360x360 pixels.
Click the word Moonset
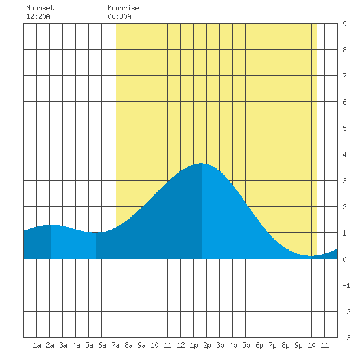pyautogui.click(x=40, y=8)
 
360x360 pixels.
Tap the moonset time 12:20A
pyautogui.click(x=38, y=16)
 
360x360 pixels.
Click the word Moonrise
pyautogui.click(x=123, y=8)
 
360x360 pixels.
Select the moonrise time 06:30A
pyautogui.click(x=119, y=16)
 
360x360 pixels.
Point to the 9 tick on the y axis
pyautogui.click(x=344, y=24)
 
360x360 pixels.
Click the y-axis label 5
pyautogui.click(x=344, y=128)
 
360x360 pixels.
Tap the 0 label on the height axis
pyautogui.click(x=344, y=259)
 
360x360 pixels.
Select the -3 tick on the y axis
pyautogui.click(x=346, y=338)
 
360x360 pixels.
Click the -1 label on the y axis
pyautogui.click(x=346, y=285)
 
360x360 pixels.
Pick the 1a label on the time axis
pyautogui.click(x=37, y=345)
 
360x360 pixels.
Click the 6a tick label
pyautogui.click(x=102, y=345)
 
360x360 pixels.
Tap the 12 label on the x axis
pyautogui.click(x=181, y=345)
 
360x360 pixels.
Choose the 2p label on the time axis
pyautogui.click(x=207, y=345)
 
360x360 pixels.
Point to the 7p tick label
pyautogui.click(x=272, y=345)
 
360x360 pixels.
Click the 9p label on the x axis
pyautogui.click(x=298, y=345)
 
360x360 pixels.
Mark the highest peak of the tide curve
pyautogui.click(x=202, y=163)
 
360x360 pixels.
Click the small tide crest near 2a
pyautogui.click(x=51, y=225)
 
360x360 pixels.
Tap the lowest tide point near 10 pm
pyautogui.click(x=310, y=255)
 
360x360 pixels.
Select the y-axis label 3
pyautogui.click(x=344, y=181)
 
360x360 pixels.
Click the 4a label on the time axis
pyautogui.click(x=76, y=345)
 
